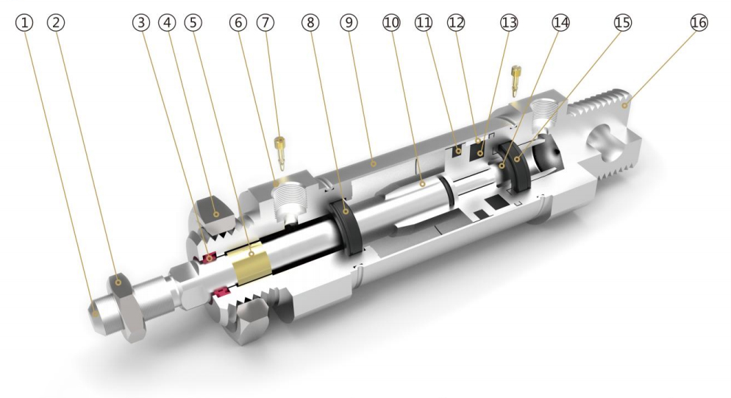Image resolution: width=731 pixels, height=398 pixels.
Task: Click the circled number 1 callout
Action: (x=24, y=22)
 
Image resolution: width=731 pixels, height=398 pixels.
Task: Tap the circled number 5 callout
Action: (x=193, y=22)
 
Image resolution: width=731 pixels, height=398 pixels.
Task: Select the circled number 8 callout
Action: (x=310, y=22)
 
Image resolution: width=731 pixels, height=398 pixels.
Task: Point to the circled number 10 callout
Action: (x=391, y=22)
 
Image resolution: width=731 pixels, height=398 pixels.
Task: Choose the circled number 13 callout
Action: (x=509, y=22)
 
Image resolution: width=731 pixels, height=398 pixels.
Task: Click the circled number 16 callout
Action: (x=699, y=22)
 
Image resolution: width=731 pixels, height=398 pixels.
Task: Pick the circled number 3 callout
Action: (x=141, y=22)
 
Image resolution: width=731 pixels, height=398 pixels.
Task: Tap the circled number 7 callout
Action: (x=265, y=22)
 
